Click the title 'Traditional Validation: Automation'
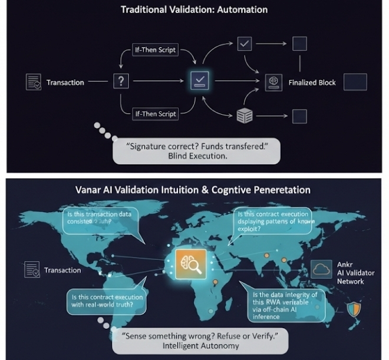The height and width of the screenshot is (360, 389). (x=194, y=9)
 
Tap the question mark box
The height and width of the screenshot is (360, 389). (x=120, y=82)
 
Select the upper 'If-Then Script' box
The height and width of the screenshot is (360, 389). (x=155, y=51)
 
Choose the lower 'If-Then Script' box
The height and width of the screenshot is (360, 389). (x=155, y=114)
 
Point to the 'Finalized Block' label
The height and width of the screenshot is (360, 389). (x=312, y=82)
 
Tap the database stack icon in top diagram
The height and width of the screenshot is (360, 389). (x=244, y=115)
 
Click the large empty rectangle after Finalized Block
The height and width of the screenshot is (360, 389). (x=355, y=82)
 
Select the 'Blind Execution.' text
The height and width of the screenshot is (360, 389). (x=197, y=157)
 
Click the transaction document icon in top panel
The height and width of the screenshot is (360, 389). (x=34, y=82)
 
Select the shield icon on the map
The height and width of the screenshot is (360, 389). (x=353, y=309)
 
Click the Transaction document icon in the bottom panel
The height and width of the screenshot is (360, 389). (x=32, y=270)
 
